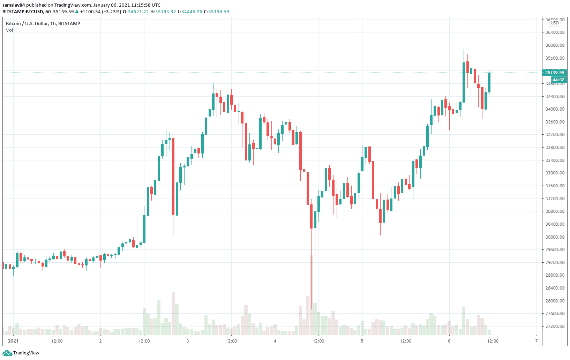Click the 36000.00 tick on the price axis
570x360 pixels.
coord(555,45)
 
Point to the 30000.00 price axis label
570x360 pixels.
coord(555,237)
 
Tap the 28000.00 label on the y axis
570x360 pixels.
coord(555,301)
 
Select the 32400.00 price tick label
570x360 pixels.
coord(555,160)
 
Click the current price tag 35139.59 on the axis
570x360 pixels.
coord(555,73)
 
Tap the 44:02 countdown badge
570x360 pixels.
coord(558,80)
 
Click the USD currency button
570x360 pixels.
coord(555,23)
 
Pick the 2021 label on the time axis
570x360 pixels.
coord(13,341)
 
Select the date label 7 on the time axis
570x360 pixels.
coord(537,341)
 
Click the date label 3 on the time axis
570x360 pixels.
coord(188,341)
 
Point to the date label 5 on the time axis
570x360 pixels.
coord(362,341)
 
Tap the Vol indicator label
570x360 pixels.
coord(9,30)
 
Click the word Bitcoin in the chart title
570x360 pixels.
coord(13,24)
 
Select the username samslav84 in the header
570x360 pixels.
coord(14,5)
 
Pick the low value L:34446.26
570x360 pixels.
coord(190,12)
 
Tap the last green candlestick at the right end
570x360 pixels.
coord(489,82)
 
